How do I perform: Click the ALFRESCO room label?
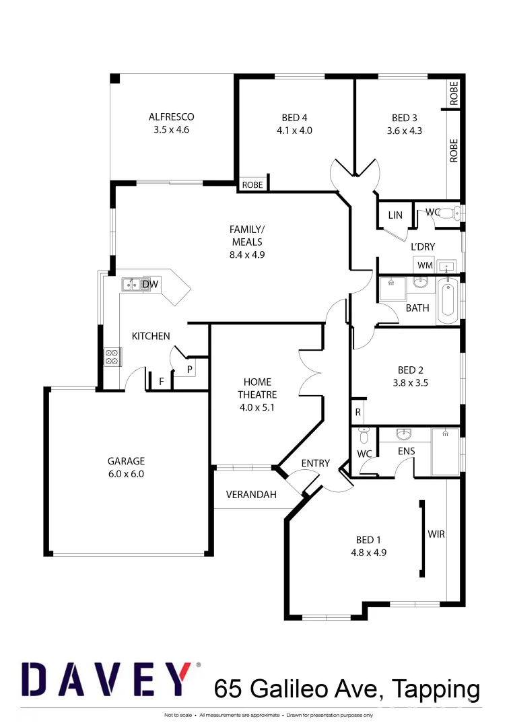tap(171, 117)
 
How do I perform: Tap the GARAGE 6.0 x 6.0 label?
tap(126, 462)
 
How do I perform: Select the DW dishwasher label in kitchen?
tap(150, 285)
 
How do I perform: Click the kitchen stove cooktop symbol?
tap(112, 357)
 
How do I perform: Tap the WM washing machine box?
tap(424, 265)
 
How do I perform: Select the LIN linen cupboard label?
tap(395, 215)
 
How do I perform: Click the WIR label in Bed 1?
tap(436, 534)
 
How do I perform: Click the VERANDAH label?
tap(251, 495)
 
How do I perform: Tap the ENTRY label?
tap(315, 463)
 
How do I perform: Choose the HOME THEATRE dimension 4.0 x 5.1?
tap(257, 407)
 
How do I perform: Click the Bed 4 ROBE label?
tap(252, 185)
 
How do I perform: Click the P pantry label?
tap(189, 369)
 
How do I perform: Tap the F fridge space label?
tap(161, 382)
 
